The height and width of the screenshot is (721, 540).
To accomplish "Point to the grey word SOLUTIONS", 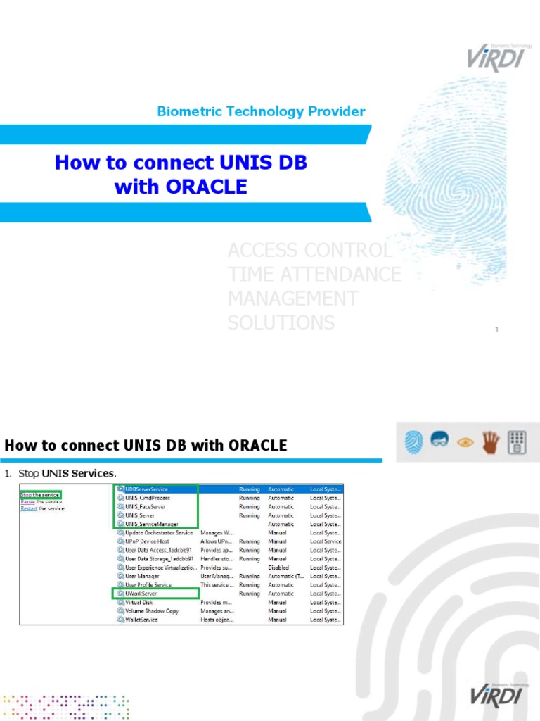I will point(281,322).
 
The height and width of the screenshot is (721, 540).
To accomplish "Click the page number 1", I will point(496,330).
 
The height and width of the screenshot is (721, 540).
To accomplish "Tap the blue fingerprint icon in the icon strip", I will point(412,442).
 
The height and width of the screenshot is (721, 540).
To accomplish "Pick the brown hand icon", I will point(490,442).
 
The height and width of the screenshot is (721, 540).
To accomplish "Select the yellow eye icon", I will point(464,442).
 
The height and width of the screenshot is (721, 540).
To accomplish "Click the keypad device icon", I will point(517,442).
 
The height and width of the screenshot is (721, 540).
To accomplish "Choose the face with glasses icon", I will point(438,442).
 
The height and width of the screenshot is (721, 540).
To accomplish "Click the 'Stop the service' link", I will point(40,495).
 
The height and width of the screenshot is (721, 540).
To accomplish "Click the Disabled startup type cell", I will point(278,568).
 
